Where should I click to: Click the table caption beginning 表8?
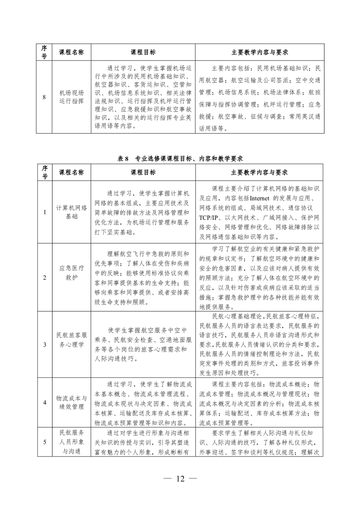coord(180,159)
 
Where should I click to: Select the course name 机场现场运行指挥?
coord(71,97)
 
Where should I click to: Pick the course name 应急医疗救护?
coord(71,277)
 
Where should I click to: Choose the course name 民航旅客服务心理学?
coord(71,344)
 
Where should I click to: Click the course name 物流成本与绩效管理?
coord(71,402)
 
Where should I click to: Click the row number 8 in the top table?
coord(44,97)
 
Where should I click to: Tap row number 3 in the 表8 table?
coord(44,344)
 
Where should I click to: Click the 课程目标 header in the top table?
coord(143,52)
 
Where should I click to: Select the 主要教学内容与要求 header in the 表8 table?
coord(259,172)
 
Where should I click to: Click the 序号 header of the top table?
coord(44,52)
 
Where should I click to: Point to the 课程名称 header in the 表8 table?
coord(71,172)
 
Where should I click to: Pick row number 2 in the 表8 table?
coord(44,277)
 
